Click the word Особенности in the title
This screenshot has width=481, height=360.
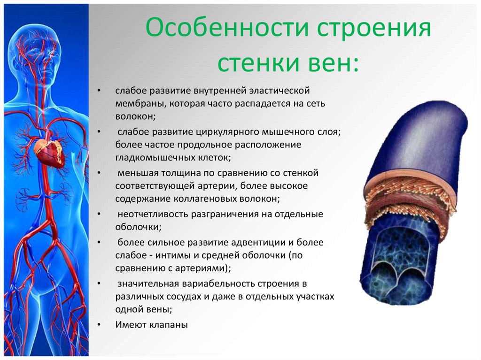[227, 27]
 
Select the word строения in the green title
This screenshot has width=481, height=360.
[374, 28]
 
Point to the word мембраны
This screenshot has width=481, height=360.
[141, 104]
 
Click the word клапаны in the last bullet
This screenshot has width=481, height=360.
[169, 325]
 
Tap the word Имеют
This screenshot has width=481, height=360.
[132, 324]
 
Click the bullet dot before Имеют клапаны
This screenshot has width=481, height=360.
[99, 325]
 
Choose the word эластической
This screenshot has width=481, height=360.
[279, 91]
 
